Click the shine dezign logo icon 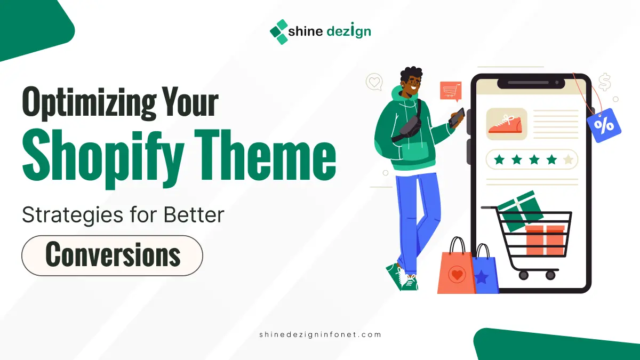[x=278, y=31]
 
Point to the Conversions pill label [x=112, y=255]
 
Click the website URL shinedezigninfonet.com [x=319, y=334]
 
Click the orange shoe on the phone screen [x=506, y=124]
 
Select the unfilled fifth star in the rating [x=569, y=159]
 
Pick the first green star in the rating [x=499, y=159]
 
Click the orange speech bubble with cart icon [x=450, y=91]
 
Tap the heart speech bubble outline [x=374, y=82]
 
